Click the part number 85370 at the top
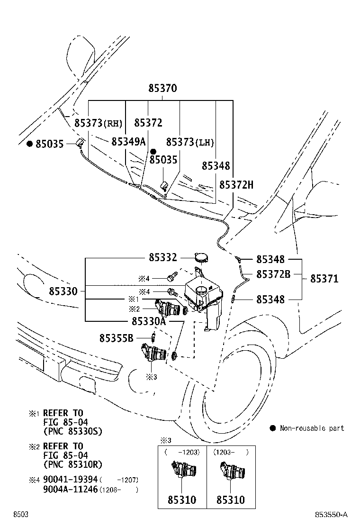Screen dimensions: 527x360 point(162,88)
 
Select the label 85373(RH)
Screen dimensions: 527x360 point(98,123)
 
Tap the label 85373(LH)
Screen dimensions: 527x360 point(190,142)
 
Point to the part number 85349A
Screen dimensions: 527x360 point(128,142)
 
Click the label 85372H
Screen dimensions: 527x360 point(236,184)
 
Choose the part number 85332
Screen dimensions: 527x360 point(162,257)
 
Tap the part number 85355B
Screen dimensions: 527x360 point(117,338)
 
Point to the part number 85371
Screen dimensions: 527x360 point(324,279)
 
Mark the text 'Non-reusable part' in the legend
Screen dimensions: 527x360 point(312,428)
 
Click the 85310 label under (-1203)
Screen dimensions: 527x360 point(182,500)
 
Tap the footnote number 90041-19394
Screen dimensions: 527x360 point(70,480)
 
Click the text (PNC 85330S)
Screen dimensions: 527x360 point(72,431)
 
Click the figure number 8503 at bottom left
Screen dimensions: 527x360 point(20,515)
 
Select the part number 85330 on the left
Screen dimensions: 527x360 point(63,290)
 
